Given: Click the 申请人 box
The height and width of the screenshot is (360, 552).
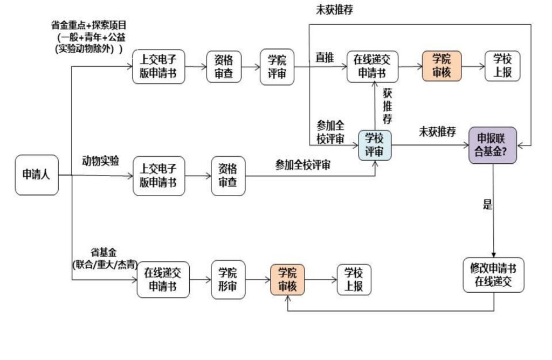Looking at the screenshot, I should [x=36, y=175].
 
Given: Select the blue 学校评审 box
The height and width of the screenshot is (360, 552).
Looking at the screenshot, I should [x=375, y=145].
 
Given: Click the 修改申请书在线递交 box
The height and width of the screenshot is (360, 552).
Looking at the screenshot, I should [x=493, y=275].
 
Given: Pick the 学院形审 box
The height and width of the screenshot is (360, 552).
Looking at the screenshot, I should [x=227, y=279].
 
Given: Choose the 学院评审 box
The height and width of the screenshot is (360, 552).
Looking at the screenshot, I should [x=277, y=67].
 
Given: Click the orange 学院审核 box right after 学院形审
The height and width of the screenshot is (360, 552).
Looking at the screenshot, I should [x=287, y=279].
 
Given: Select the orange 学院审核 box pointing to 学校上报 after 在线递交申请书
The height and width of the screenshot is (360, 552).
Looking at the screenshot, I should [x=441, y=66].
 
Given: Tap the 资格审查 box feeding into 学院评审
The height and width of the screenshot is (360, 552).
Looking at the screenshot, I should [x=224, y=67].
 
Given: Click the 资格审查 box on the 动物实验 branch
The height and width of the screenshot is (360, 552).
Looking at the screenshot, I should [x=227, y=176].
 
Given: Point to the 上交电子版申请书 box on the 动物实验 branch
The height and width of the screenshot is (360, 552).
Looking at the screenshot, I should [x=158, y=176].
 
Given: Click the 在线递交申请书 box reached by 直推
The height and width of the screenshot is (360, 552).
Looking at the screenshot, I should [x=372, y=67].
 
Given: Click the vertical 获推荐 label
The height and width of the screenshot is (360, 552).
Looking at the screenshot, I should [x=387, y=106].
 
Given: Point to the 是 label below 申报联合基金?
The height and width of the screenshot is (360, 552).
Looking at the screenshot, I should [x=487, y=205].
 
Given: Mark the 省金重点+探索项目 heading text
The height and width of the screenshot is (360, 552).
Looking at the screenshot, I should [x=88, y=25].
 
